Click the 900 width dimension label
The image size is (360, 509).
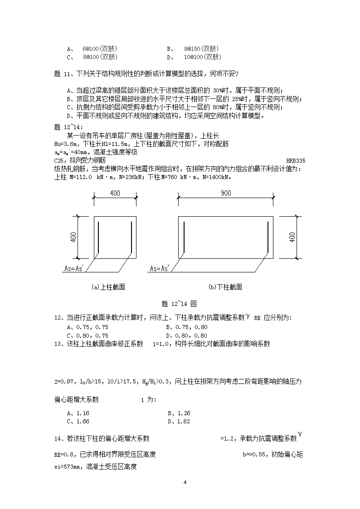click(x=225, y=193)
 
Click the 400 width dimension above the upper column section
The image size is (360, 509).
click(x=115, y=193)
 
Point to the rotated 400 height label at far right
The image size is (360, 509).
click(x=292, y=237)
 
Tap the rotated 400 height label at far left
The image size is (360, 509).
click(x=73, y=237)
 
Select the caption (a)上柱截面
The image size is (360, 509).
click(x=108, y=287)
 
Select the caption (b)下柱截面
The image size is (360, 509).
click(x=225, y=287)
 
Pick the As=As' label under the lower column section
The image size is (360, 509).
click(x=159, y=269)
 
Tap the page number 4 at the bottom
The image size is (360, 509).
click(x=185, y=482)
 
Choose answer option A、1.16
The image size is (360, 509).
click(x=78, y=413)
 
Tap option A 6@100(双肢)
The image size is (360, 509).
click(x=92, y=48)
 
